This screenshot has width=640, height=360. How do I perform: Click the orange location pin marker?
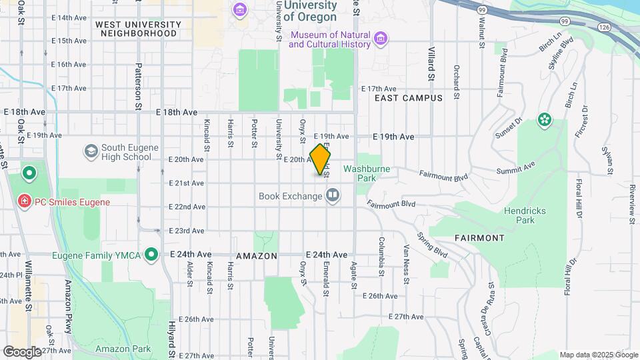coord(321,159)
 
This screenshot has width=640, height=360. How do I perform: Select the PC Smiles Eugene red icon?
coord(25,201)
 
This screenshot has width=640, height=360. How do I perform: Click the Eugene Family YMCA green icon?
coord(152,254)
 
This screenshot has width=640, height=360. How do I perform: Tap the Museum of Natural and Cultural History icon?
coord(381,39)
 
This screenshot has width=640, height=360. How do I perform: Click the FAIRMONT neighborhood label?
coord(479,237)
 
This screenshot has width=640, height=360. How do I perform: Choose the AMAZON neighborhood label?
coord(256,256)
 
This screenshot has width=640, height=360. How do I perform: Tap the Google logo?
coord(21,351)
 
